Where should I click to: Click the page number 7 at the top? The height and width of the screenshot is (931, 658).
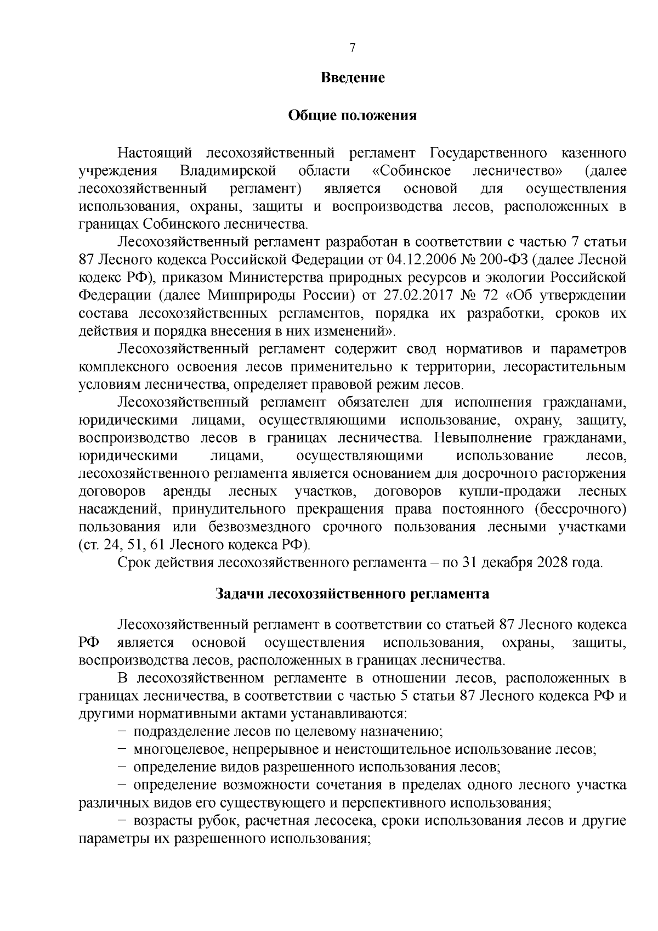tap(353, 48)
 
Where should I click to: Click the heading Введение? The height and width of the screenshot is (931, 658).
tap(353, 78)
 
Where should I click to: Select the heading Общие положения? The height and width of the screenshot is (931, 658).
tap(353, 116)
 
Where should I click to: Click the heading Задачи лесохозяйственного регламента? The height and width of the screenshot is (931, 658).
tap(353, 594)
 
